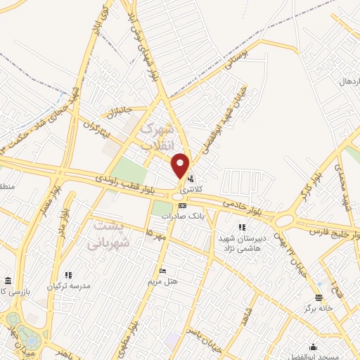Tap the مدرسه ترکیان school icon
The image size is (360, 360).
(68, 275)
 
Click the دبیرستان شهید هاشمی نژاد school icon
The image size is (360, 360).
(243, 227)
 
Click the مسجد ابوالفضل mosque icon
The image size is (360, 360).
(314, 347)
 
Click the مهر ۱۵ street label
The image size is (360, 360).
(155, 233)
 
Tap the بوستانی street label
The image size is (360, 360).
(235, 59)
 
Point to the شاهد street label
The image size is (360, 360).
(243, 318)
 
